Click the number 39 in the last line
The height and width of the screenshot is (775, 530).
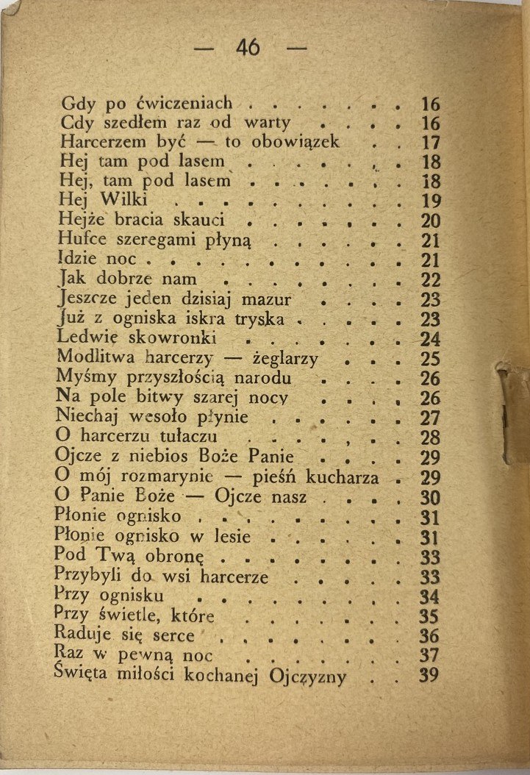point(429,674)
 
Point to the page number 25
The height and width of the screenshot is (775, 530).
point(429,359)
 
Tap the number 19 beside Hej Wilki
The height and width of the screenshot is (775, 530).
point(429,199)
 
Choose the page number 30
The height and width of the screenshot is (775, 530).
point(429,497)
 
